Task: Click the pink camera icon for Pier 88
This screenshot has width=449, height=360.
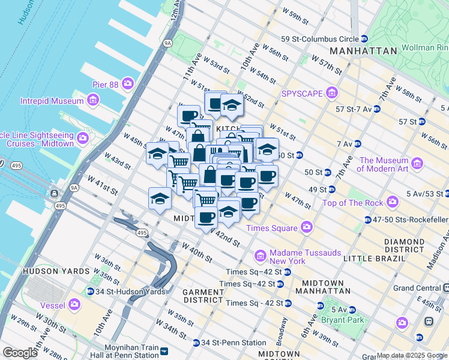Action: [x=127, y=83]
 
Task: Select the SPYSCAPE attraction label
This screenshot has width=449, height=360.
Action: [x=303, y=94]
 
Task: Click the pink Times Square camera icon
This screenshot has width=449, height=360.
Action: [x=307, y=227]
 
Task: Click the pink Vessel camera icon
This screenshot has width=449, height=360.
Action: [x=74, y=304]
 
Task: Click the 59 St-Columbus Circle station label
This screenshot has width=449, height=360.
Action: [x=320, y=39]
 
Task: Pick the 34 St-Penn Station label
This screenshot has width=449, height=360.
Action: [x=233, y=343]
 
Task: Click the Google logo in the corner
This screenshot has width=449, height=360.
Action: [x=20, y=353]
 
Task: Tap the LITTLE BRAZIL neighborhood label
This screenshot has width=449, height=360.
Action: [x=370, y=258]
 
